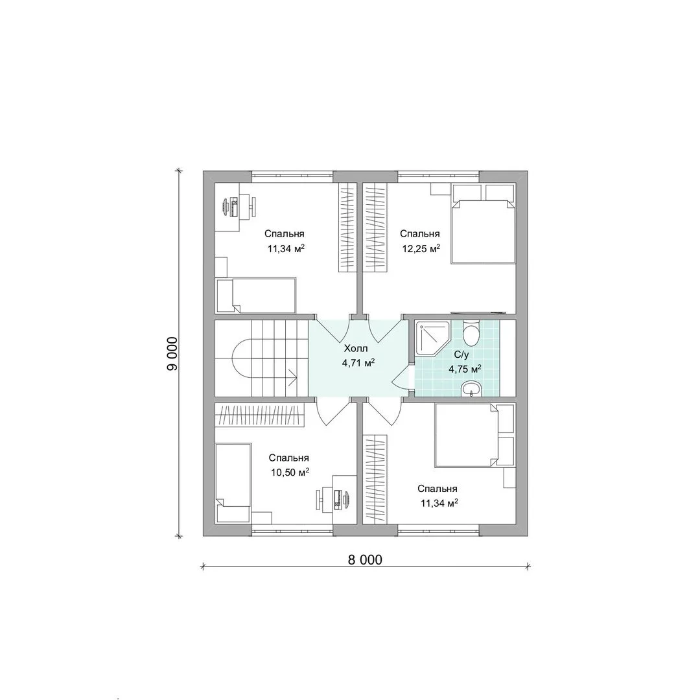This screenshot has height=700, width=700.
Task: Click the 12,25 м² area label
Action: click(421, 249)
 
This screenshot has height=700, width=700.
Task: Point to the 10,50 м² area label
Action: click(290, 472)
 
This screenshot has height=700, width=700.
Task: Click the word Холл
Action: click(356, 348)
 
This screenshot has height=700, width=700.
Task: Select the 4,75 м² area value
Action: click(465, 369)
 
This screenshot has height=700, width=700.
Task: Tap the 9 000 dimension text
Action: click(172, 354)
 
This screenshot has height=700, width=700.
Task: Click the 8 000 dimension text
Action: click(365, 560)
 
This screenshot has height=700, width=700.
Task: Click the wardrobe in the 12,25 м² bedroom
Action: click(375, 227)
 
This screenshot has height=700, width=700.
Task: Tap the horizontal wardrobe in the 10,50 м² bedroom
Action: click(259, 414)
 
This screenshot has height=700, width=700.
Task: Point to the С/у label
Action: click(461, 355)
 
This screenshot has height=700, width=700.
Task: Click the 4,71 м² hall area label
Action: click(358, 362)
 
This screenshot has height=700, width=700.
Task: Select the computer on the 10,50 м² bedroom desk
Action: click(338, 498)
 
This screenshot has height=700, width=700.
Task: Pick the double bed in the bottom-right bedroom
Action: click(474, 436)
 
